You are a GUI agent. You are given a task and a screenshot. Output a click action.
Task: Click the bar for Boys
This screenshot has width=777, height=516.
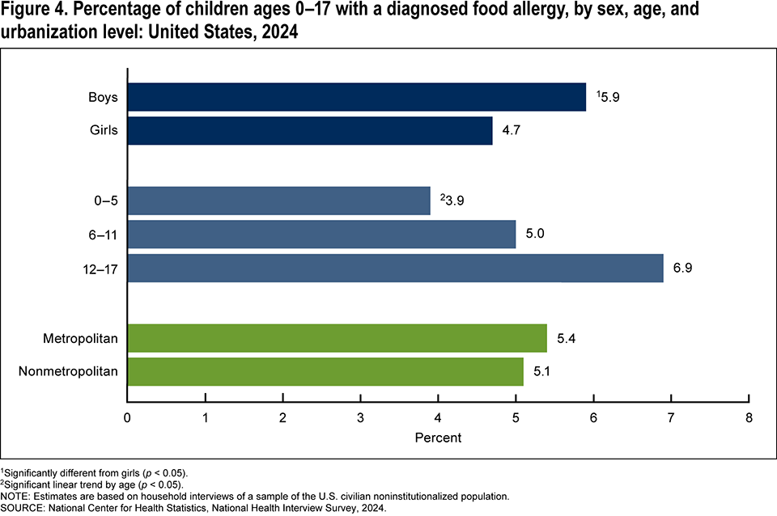point(356,97)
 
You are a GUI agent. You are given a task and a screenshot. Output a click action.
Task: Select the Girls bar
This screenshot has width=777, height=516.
point(310,130)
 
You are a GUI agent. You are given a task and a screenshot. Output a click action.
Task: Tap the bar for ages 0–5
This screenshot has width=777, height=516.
point(278,201)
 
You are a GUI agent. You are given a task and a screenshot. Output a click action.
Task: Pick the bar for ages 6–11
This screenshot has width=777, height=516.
point(321,235)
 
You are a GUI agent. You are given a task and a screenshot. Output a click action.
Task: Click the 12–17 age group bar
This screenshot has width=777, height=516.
point(395,268)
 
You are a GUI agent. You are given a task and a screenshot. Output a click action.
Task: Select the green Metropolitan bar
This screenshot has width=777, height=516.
point(337,338)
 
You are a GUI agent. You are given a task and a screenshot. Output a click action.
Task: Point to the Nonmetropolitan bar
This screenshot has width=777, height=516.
point(325,371)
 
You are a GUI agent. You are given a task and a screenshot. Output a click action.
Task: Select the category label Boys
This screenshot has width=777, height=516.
point(104,97)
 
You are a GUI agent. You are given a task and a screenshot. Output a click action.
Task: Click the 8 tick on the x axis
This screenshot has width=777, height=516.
point(749,418)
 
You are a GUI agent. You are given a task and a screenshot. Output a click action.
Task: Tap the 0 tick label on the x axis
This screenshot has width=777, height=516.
point(127,418)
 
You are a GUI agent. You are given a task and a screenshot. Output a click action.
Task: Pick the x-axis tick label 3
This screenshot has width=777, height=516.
point(360,418)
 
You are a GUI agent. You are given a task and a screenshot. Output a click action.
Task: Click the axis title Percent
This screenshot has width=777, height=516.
point(438,438)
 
